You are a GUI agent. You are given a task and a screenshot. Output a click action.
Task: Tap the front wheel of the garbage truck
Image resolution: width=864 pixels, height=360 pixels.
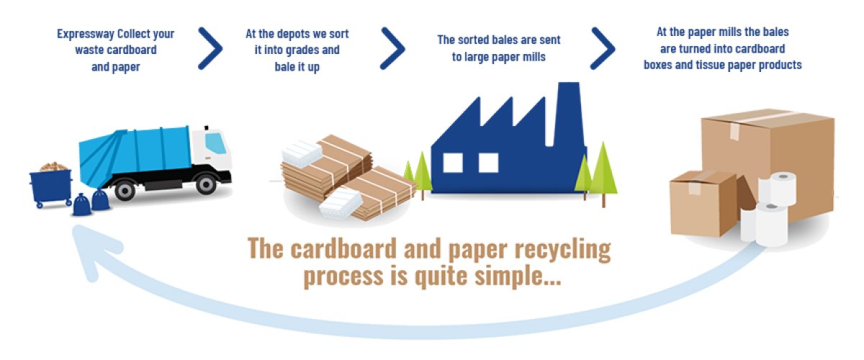point(206,184)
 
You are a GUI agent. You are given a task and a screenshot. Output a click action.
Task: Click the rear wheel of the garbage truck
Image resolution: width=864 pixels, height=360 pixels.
point(125,189)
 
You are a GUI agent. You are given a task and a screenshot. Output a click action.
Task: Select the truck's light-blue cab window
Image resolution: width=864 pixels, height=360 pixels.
point(215,143)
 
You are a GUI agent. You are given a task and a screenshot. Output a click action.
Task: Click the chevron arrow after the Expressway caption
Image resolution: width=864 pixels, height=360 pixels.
point(210,49)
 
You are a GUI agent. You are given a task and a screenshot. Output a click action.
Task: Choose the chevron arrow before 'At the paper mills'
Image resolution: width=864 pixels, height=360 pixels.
point(603,49)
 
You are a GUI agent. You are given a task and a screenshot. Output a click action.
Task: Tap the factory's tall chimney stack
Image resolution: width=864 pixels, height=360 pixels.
point(568,114)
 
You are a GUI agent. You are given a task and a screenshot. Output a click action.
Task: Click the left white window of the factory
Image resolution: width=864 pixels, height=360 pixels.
point(453,163)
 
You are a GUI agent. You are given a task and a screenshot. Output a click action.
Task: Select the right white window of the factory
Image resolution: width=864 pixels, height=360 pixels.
point(488,163)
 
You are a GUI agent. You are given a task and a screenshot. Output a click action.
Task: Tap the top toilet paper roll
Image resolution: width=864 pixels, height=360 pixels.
point(778,189)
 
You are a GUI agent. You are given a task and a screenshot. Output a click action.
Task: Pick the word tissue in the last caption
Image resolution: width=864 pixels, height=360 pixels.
point(711,65)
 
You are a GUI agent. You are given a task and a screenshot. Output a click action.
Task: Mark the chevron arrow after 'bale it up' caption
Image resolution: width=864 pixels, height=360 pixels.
point(392,49)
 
